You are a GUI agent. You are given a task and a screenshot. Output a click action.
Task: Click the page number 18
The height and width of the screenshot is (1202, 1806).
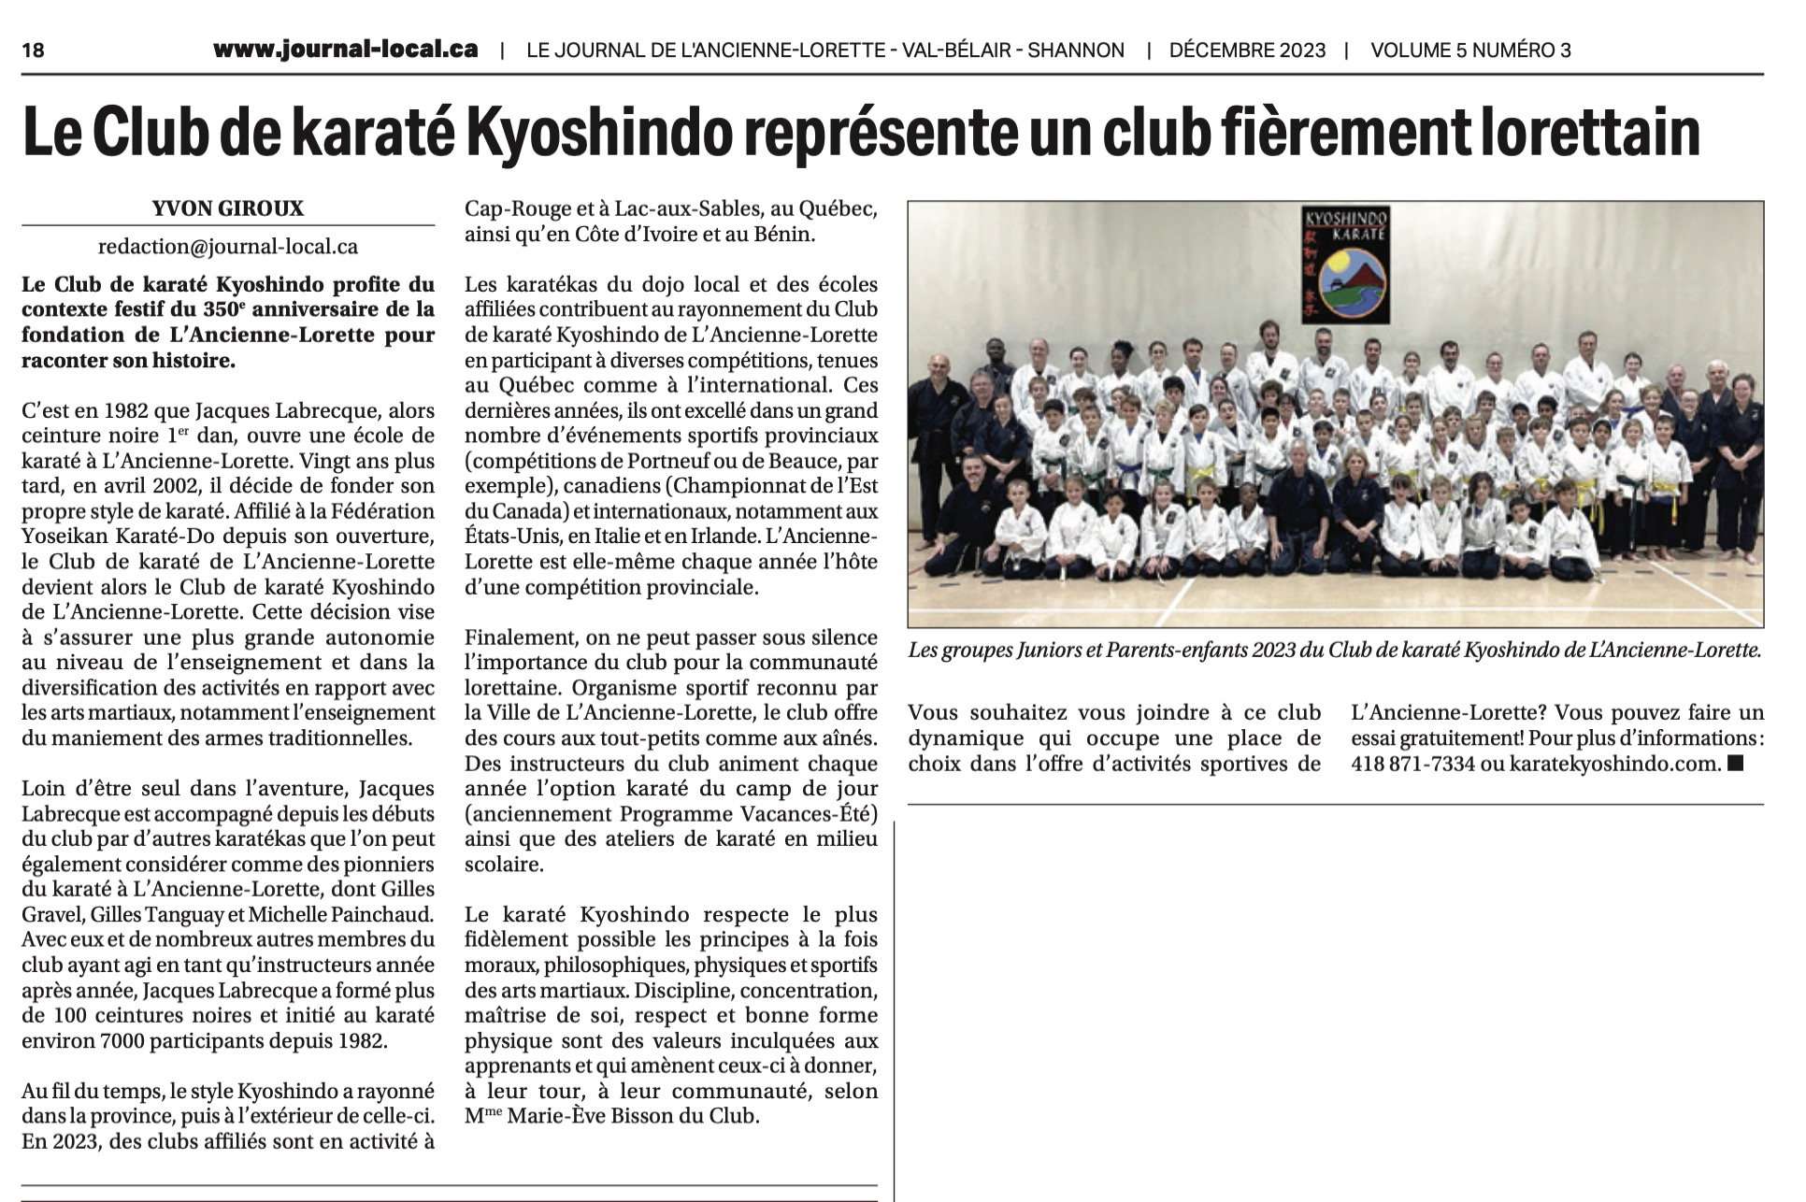tap(33, 50)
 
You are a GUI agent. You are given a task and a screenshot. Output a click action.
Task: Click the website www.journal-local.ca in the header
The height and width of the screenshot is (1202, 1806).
tap(345, 50)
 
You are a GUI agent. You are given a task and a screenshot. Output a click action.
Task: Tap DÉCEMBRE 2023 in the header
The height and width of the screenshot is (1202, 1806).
tap(1247, 50)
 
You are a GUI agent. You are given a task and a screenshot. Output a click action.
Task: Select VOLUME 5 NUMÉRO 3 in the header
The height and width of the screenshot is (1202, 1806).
tap(1470, 50)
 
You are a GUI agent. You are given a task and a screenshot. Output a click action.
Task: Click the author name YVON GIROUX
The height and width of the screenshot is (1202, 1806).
tap(228, 209)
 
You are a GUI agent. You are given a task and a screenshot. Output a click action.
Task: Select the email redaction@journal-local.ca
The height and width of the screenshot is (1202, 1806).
tap(228, 247)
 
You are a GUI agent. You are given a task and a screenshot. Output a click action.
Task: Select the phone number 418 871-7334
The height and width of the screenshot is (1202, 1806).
tap(1412, 764)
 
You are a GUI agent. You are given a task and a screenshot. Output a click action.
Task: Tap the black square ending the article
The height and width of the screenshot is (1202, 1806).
tap(1736, 764)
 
